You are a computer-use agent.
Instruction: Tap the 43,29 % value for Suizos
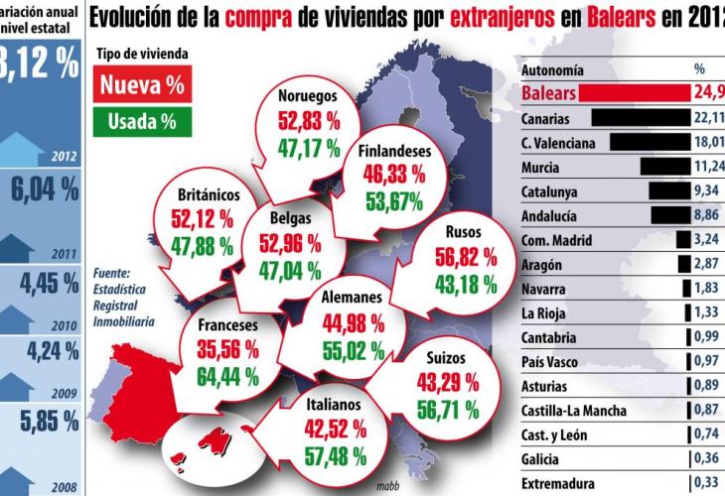point(438,383)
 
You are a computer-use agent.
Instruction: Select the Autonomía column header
point(552,71)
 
